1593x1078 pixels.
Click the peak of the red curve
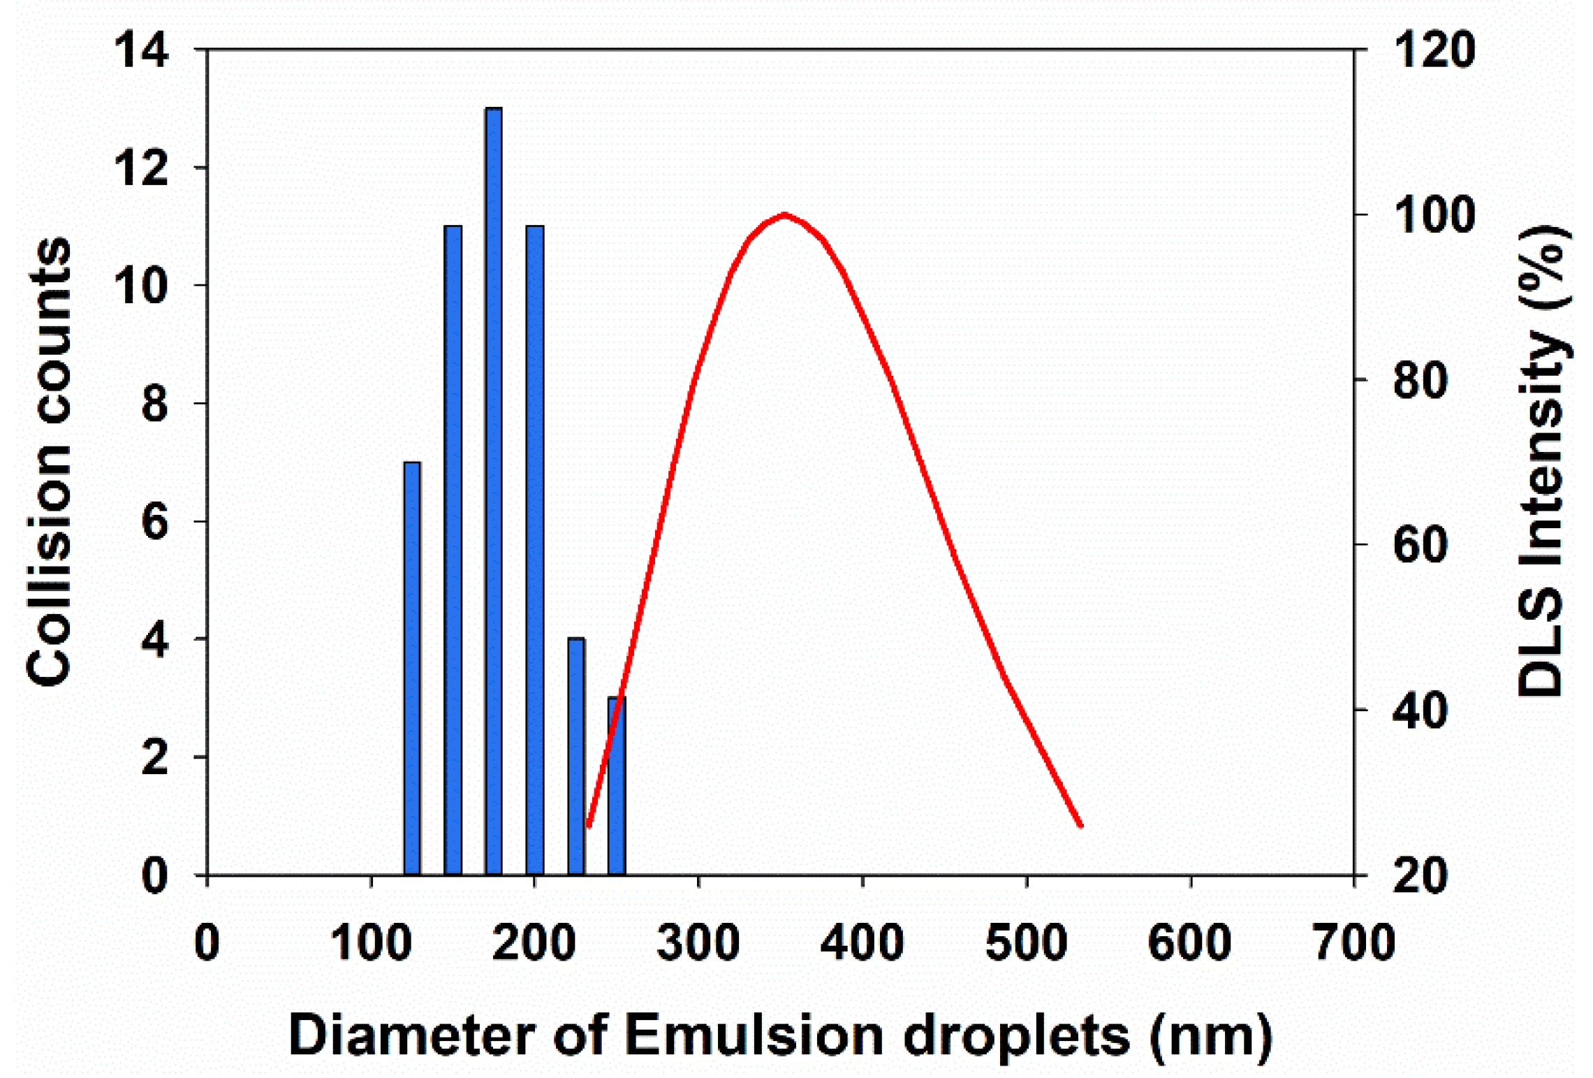[x=785, y=214]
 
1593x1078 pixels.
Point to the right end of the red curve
[x=1080, y=825]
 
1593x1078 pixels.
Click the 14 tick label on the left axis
[x=141, y=50]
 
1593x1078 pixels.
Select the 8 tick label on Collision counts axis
[x=154, y=404]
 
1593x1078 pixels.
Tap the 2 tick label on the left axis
[x=154, y=757]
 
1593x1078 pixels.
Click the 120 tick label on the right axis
[x=1433, y=50]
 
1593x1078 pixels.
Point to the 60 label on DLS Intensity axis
[x=1420, y=546]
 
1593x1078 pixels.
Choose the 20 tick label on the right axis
[x=1420, y=875]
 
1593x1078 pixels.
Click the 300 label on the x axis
[x=698, y=942]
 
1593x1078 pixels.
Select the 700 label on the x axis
[x=1353, y=942]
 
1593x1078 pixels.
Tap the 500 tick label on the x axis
[x=1026, y=942]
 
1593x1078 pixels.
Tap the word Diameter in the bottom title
[x=412, y=1035]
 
